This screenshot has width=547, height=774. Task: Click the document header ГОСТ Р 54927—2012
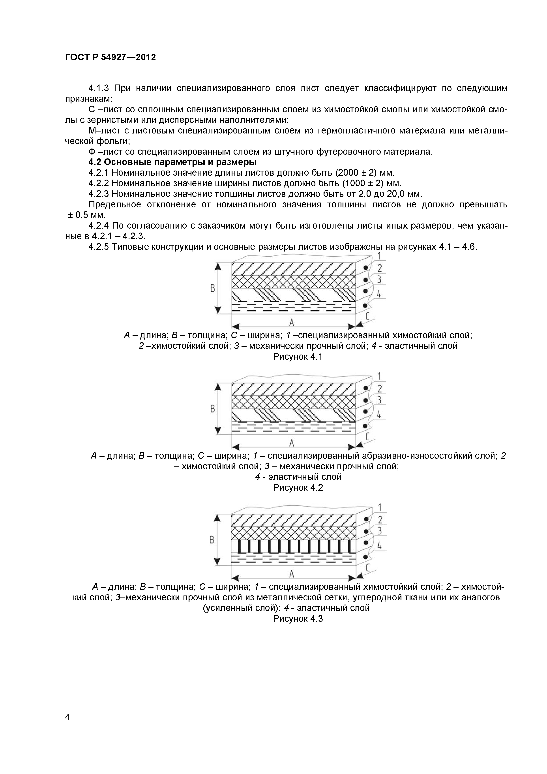click(110, 58)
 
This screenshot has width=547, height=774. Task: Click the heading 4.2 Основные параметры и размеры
click(172, 162)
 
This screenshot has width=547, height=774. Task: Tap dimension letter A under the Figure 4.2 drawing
click(292, 442)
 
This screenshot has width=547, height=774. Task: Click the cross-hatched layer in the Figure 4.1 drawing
click(293, 282)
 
